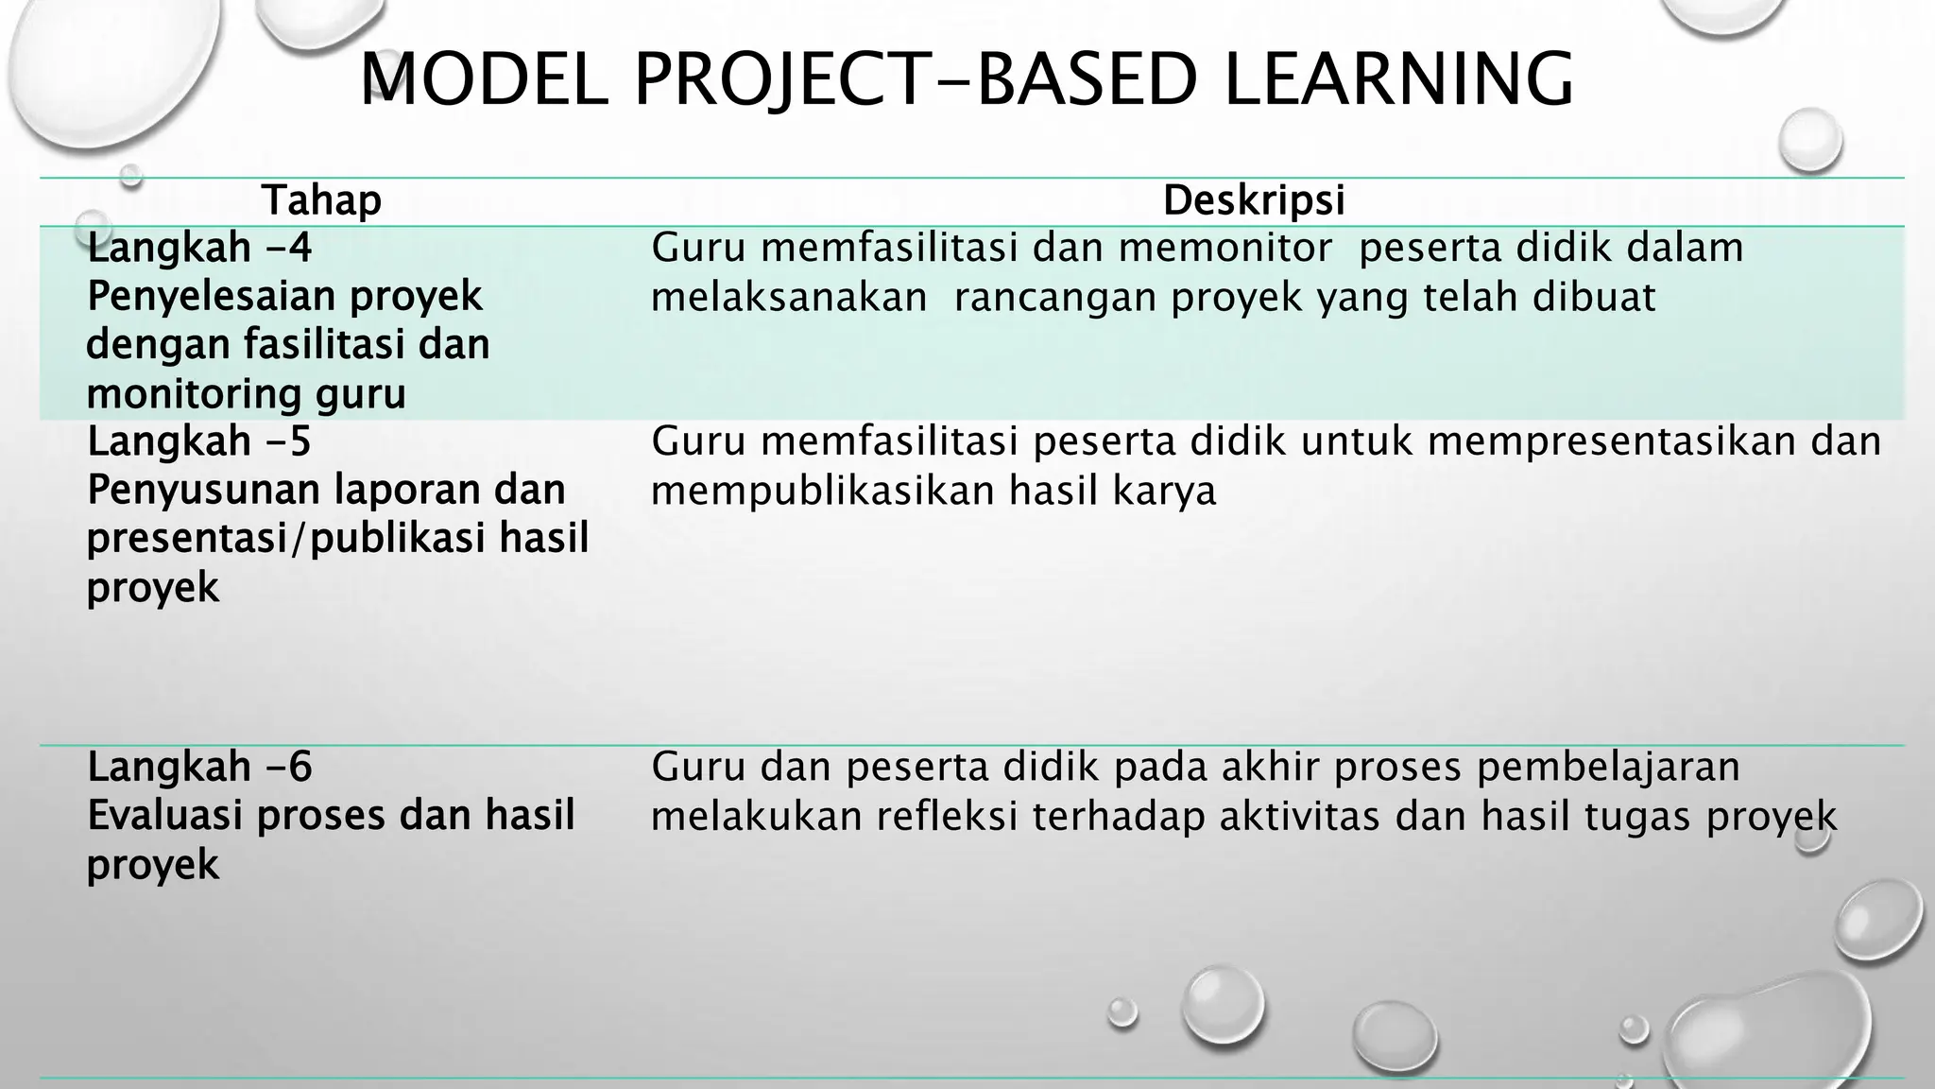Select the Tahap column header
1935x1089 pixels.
[321, 200]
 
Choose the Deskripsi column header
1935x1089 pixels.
[1254, 200]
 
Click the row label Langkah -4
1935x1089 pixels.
[199, 249]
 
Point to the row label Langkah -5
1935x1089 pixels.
[199, 441]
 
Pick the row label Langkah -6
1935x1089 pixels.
[199, 767]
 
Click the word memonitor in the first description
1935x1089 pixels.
[1225, 249]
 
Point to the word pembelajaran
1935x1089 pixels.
[1608, 767]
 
